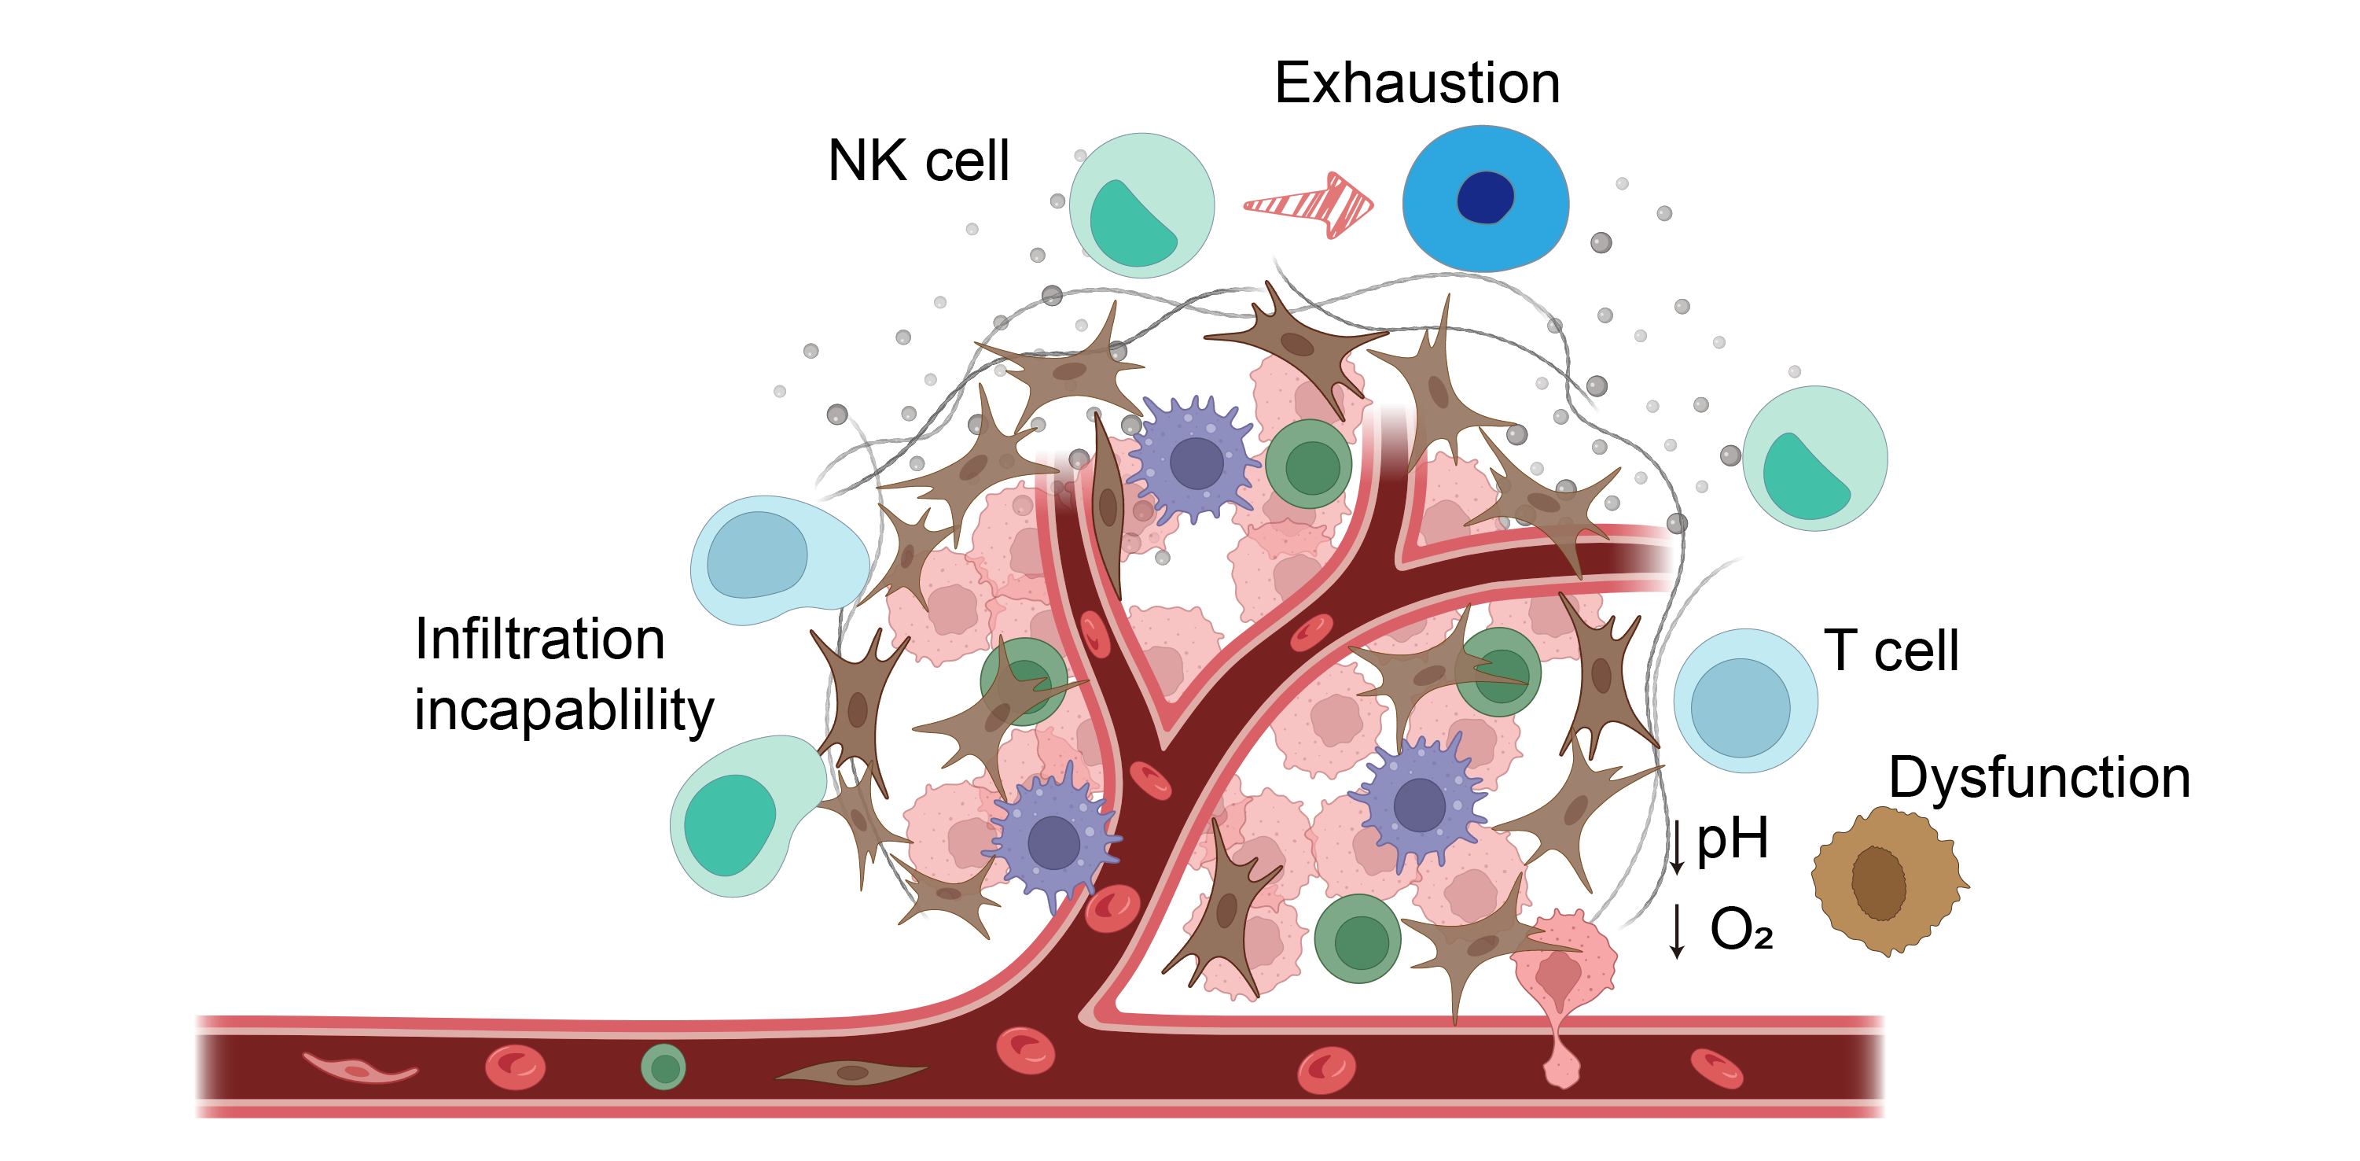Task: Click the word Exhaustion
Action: click(1417, 83)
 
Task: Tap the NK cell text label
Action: click(918, 161)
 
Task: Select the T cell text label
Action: click(1891, 651)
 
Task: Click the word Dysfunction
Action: click(2039, 778)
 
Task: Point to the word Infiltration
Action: click(539, 639)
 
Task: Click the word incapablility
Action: click(563, 711)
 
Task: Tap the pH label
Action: click(1732, 839)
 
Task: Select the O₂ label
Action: click(1741, 929)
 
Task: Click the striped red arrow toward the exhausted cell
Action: click(1308, 205)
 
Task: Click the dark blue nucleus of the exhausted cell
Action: click(1484, 197)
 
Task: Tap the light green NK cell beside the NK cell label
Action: click(1141, 205)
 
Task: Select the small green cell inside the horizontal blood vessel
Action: click(664, 1067)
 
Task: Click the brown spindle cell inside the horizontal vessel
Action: click(852, 1071)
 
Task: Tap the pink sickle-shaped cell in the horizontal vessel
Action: click(360, 1068)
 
